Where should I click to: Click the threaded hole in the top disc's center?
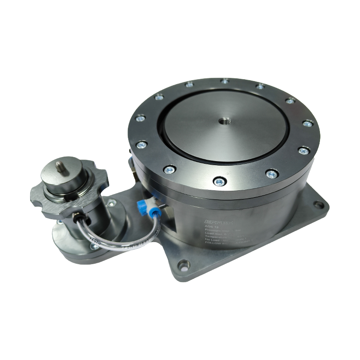point(224,121)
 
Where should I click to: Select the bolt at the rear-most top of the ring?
point(224,81)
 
